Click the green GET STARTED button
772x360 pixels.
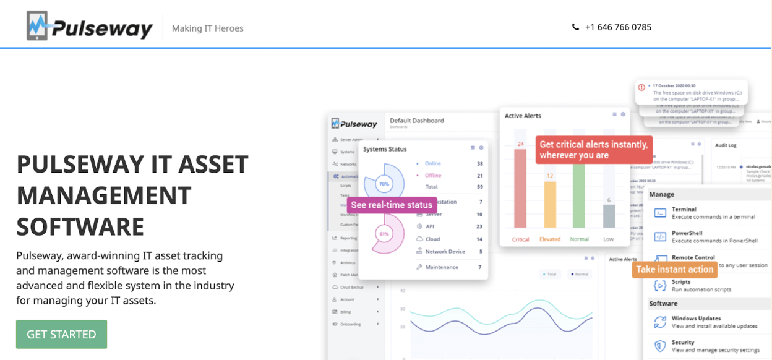(61, 334)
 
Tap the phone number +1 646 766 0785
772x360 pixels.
(618, 27)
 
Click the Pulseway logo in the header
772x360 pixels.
(90, 27)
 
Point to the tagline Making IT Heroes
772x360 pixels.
(208, 28)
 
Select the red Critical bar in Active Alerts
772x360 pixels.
(521, 189)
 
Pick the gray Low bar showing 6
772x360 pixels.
(609, 216)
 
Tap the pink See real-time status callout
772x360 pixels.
(392, 205)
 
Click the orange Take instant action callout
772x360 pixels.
(675, 269)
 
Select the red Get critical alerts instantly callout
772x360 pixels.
(594, 150)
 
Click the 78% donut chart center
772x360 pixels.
(384, 184)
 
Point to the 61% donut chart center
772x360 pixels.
(384, 234)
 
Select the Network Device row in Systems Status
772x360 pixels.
(445, 252)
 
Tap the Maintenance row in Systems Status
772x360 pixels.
(442, 267)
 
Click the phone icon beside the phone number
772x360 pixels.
(576, 27)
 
